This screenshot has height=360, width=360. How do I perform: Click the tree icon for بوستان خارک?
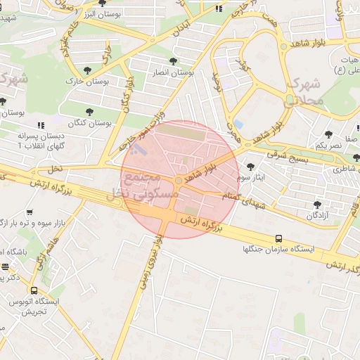click(87, 70)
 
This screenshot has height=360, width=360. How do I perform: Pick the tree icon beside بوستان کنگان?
click(89, 111)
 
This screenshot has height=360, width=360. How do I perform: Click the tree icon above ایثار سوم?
click(251, 167)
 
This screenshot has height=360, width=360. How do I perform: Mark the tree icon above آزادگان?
click(317, 205)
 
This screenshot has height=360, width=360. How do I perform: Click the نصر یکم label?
click(328, 145)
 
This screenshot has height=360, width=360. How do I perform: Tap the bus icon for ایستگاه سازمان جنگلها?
click(279, 238)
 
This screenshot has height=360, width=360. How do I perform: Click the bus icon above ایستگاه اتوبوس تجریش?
click(34, 290)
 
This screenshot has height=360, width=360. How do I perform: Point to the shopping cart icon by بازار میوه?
click(30, 212)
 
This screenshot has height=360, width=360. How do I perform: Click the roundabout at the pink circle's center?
click(179, 181)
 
